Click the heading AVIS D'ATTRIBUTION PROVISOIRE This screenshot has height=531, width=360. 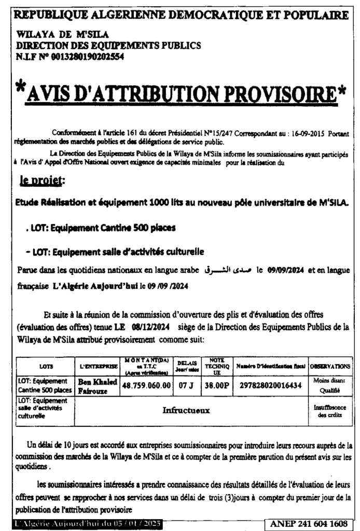(x=180, y=93)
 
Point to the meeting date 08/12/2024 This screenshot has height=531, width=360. (x=150, y=327)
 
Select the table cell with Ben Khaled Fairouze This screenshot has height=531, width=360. (x=97, y=385)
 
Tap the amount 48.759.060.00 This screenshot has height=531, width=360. (x=147, y=385)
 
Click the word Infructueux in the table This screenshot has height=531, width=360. (x=186, y=411)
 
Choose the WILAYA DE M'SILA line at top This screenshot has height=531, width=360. (x=62, y=35)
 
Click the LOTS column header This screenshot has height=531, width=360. (x=46, y=366)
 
